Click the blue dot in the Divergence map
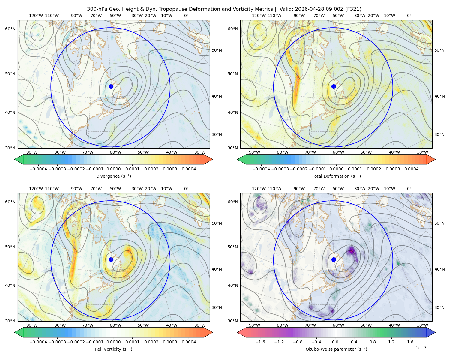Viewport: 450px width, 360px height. pyautogui.click(x=111, y=86)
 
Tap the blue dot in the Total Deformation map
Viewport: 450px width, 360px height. pyautogui.click(x=334, y=86)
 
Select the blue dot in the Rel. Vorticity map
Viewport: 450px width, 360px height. pyautogui.click(x=111, y=259)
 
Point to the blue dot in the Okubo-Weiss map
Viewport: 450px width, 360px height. pyautogui.click(x=334, y=259)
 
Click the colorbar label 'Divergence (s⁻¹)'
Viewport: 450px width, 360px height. pyautogui.click(x=113, y=176)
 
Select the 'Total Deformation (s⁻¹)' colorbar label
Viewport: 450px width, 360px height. pyautogui.click(x=336, y=176)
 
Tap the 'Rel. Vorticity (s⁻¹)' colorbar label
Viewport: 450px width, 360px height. pyautogui.click(x=113, y=349)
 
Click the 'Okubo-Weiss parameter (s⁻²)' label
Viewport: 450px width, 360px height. pyautogui.click(x=336, y=349)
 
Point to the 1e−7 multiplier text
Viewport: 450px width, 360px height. pyautogui.click(x=421, y=348)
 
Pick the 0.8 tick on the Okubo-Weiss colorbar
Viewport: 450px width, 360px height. pyautogui.click(x=373, y=342)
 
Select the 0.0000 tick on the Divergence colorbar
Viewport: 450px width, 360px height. pyautogui.click(x=113, y=169)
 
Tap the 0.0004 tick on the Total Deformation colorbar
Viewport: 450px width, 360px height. pyautogui.click(x=411, y=169)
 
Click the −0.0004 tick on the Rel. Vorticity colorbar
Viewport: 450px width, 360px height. pyautogui.click(x=38, y=342)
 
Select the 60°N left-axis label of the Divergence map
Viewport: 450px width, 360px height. pyautogui.click(x=10, y=29)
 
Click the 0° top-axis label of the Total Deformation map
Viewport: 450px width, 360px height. pyautogui.click(x=409, y=16)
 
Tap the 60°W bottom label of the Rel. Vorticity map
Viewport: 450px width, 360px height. pyautogui.click(x=115, y=325)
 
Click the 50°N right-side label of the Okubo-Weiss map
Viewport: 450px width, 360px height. pyautogui.click(x=439, y=223)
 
